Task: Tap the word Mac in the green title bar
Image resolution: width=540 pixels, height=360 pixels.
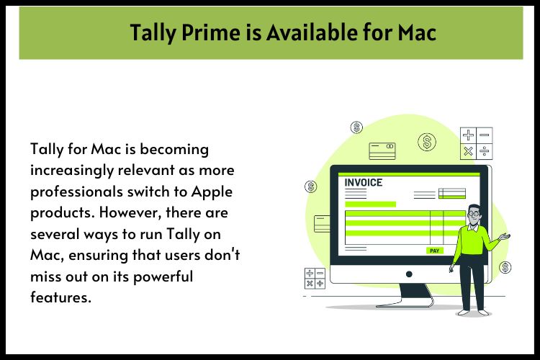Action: point(417,32)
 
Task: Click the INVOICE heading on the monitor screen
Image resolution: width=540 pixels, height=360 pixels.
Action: point(363,182)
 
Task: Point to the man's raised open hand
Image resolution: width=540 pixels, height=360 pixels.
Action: point(505,236)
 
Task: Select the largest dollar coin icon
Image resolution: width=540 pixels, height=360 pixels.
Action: point(428,142)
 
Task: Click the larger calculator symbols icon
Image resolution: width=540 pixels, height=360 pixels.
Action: point(476,143)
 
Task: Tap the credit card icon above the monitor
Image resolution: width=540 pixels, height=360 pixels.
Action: point(382,150)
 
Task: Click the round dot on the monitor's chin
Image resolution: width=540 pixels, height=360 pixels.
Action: point(409,274)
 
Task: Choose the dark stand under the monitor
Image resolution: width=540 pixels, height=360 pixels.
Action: point(408,296)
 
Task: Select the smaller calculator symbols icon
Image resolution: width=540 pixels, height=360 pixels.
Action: point(315,278)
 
